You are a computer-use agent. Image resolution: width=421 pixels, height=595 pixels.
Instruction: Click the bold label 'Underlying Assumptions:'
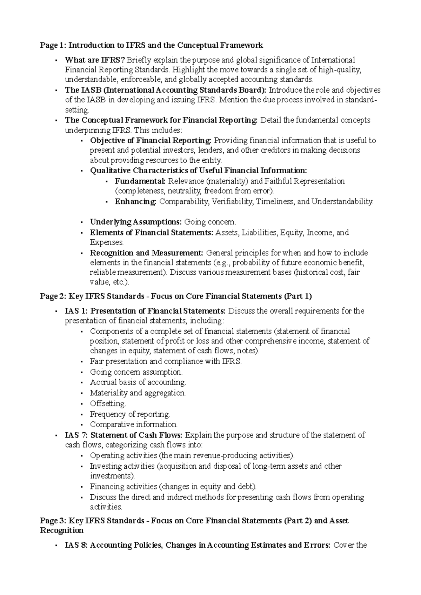pos(136,222)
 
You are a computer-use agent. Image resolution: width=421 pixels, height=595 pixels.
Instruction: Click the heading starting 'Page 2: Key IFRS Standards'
pos(176,296)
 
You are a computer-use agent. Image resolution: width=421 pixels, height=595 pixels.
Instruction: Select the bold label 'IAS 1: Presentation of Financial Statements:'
pos(146,311)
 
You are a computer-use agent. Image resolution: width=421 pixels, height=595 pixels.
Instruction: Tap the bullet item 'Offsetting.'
pos(108,404)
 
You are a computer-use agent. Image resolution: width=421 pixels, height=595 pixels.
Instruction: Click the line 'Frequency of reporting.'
pos(130,414)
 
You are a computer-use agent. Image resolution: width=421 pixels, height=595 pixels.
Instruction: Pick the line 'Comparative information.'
pos(134,424)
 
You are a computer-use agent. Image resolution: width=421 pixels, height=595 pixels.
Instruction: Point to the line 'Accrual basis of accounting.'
pos(138,382)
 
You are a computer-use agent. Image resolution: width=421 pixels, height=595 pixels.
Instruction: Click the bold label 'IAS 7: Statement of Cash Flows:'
pos(124,435)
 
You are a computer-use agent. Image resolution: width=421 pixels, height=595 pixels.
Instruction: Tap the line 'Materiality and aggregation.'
pos(138,393)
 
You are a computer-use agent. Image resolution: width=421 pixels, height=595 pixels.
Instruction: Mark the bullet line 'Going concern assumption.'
pos(136,372)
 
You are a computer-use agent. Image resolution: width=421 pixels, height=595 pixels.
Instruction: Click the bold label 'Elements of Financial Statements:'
pos(152,233)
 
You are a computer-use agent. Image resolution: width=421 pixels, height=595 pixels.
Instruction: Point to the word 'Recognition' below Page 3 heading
pos(62,530)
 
